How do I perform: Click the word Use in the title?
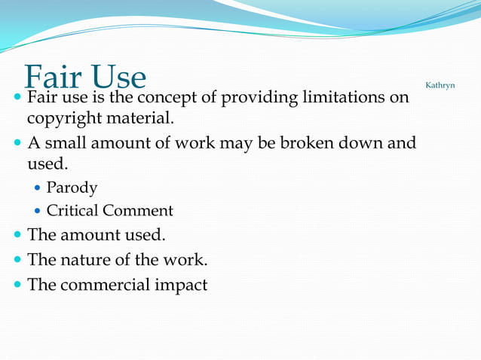[116, 77]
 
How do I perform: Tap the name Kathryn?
[440, 85]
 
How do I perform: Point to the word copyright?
[63, 118]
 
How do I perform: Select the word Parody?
[72, 188]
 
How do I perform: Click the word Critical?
[72, 211]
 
